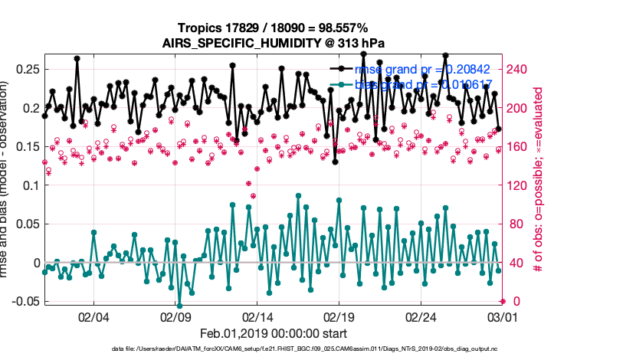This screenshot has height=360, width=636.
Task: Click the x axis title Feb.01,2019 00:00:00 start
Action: pyautogui.click(x=274, y=334)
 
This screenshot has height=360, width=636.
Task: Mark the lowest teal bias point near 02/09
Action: pyautogui.click(x=179, y=305)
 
